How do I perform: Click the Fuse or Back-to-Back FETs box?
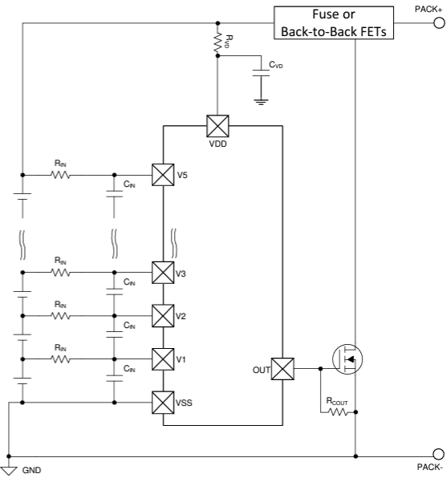pos(332,23)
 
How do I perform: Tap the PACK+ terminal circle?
pos(438,23)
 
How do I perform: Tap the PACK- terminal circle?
pos(438,455)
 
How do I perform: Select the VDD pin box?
pos(217,126)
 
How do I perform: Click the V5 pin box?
pos(163,174)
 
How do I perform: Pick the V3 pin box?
pos(163,273)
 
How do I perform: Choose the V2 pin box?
pos(163,315)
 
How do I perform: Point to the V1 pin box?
pos(163,358)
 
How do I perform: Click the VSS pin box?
pos(163,400)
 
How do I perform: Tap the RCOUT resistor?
pos(337,412)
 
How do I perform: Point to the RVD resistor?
pos(217,43)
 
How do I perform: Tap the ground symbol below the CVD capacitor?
pos(259,102)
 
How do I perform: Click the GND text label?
pos(30,472)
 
